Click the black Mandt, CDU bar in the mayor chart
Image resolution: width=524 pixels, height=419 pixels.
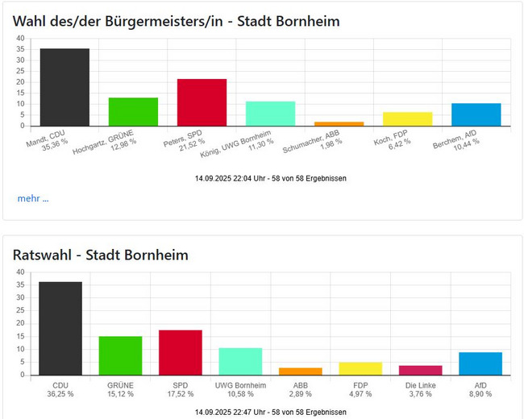64,87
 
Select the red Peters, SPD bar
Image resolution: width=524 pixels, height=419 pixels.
202,102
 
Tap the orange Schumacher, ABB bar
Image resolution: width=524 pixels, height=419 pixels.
339,124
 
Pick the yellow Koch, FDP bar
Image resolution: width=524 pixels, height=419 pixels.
407,119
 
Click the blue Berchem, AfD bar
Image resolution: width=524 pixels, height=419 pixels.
476,114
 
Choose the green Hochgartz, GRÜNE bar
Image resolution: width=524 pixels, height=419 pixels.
133,112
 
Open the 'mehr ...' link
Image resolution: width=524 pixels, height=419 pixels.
33,198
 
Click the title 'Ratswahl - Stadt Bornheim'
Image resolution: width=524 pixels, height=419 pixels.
101,255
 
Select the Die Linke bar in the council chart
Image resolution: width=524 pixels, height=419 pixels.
421,371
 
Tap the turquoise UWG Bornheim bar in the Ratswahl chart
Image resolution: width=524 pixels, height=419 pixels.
240,362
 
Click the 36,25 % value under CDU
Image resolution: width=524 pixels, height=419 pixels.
60,394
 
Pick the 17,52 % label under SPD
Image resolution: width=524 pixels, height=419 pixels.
180,394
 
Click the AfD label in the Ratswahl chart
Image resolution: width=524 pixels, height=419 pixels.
480,385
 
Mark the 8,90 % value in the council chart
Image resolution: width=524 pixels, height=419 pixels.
480,394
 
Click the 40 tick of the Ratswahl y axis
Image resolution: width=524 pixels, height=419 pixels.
20,272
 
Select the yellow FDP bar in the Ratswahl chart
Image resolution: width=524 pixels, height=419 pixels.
360,369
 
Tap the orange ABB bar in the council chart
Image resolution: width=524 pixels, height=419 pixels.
300,371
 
